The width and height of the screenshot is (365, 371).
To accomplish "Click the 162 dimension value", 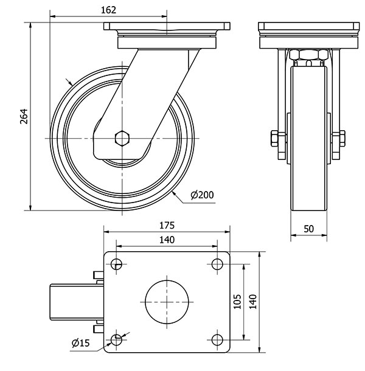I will (x=108, y=10).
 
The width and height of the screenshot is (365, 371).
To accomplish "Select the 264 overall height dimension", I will (x=24, y=117).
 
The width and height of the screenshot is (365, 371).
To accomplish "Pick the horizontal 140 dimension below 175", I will (x=167, y=240).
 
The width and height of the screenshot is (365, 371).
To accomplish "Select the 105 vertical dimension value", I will (x=238, y=300).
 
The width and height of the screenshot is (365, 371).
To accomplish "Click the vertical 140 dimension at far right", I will (x=253, y=300).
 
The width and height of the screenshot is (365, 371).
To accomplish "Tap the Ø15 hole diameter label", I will (x=80, y=344).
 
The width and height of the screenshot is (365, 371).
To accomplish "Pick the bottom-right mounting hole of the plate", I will (x=217, y=339).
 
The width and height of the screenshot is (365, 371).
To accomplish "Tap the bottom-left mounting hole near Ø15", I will (x=116, y=339).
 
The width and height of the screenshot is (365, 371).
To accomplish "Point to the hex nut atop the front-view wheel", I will (x=308, y=56).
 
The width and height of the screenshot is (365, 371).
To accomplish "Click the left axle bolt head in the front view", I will (x=273, y=139).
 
